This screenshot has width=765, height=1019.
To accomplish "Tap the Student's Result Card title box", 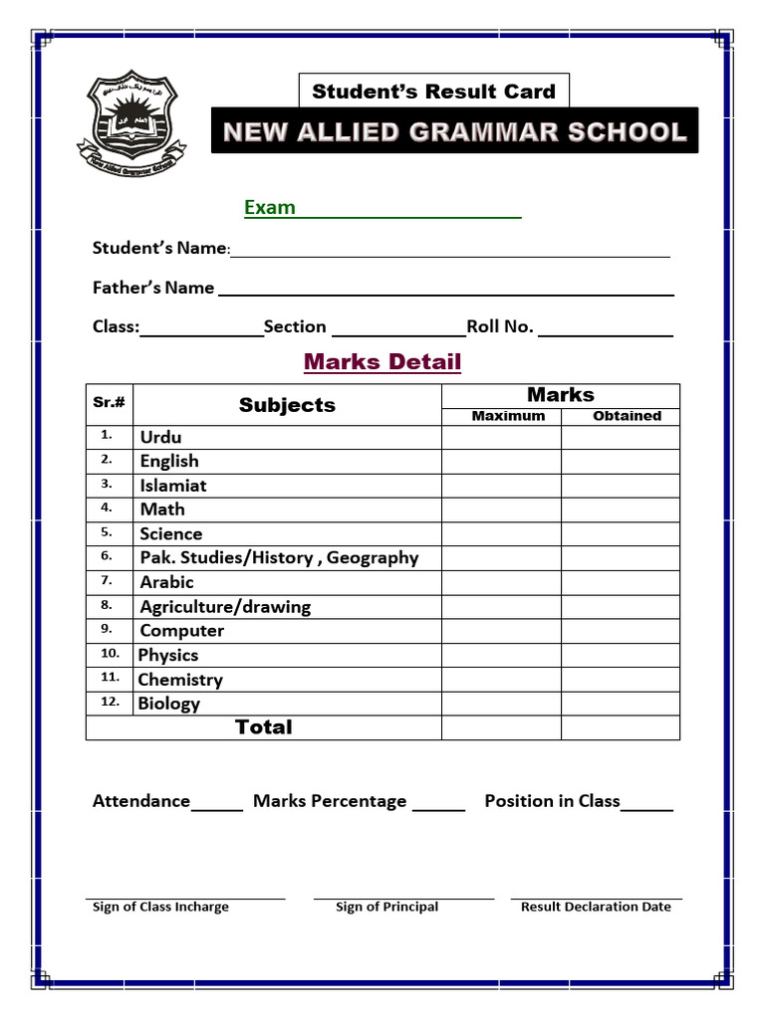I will coord(433,92).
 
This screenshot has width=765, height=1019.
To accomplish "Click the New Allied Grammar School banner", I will coord(454,131).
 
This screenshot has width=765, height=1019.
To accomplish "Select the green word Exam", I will coord(270,207).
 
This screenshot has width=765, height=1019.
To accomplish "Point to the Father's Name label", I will coord(153,288).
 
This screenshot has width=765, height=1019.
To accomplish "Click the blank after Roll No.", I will coord(606,330).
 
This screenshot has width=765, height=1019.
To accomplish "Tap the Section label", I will coord(295,326).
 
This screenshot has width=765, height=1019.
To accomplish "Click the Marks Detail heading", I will coord(382,361).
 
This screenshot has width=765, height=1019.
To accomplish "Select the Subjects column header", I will coord(287,405).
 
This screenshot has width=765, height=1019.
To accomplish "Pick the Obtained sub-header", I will coord(627,416).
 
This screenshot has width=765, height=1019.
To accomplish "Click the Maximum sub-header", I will coord(508,416).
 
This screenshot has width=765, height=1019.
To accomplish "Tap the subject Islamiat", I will coord(173,486).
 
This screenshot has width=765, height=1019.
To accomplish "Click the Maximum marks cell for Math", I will coord(501,509).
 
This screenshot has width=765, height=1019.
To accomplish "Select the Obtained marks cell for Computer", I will coord(621,631).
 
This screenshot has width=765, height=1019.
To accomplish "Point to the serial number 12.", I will coord(110,702).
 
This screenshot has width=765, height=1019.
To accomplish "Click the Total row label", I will coord(264,727).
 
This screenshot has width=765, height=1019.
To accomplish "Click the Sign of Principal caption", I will coord(386,907).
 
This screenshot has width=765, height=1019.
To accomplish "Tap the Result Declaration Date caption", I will coord(596,907).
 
